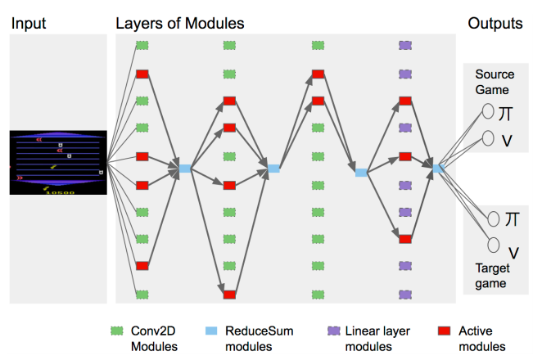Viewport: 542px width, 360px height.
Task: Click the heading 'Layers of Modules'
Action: coord(179,24)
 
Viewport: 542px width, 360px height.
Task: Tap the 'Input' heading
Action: coord(27,24)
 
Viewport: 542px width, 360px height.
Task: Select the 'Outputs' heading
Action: coord(495,24)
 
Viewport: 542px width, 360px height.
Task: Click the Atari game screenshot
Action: coord(57,161)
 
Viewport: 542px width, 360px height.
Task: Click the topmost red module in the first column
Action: coord(142,74)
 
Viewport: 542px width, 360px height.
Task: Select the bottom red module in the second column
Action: coord(230,294)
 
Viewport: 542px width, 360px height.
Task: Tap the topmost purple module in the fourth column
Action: coord(404,46)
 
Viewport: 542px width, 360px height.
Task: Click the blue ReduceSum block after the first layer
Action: coord(185,169)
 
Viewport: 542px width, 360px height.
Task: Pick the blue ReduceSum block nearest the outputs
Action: coord(438,169)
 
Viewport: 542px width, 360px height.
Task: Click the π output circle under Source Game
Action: coord(487,110)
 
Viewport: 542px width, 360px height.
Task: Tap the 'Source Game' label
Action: coord(495,83)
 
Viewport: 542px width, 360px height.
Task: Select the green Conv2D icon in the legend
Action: coord(117,331)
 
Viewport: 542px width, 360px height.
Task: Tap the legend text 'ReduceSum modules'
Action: coord(259,337)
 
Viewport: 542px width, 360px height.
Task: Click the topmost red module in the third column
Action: coord(318,74)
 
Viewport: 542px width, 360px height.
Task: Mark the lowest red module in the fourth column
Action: coord(404,239)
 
